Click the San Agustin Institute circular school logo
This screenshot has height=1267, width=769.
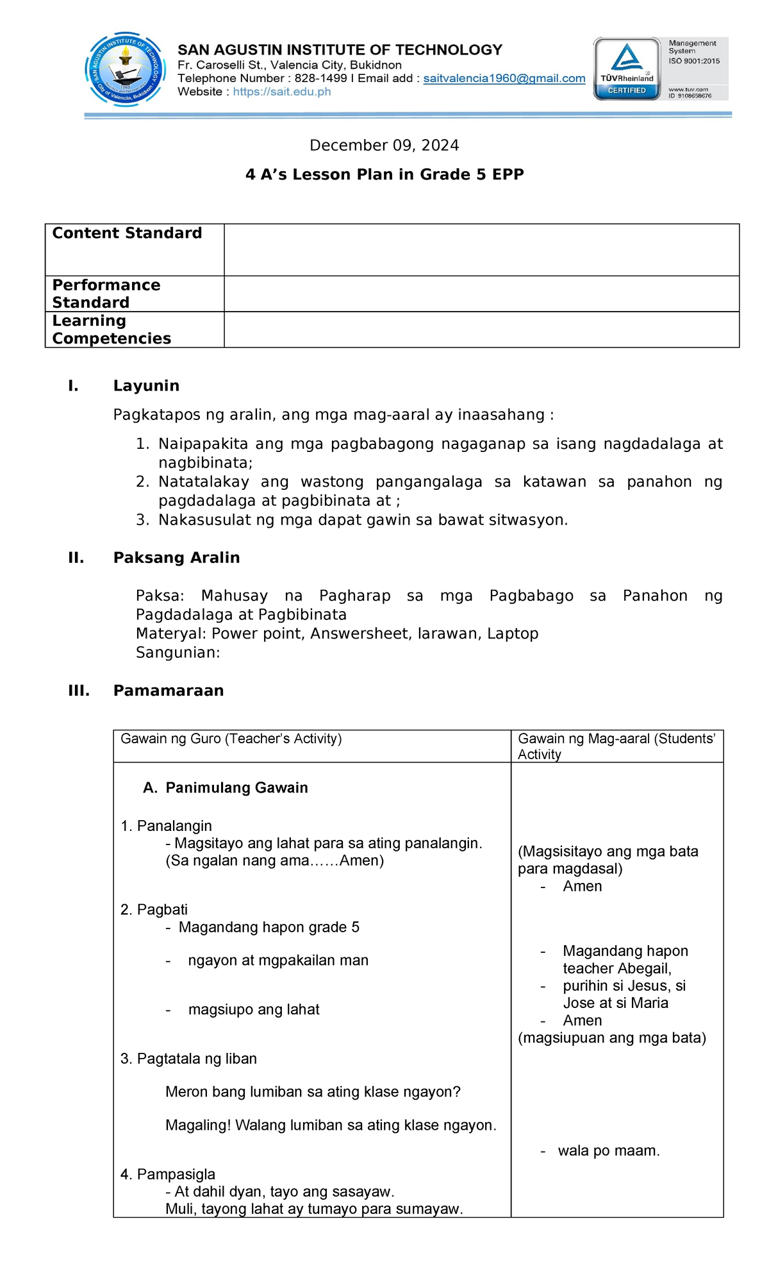pos(126,70)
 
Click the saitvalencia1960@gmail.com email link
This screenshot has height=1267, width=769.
pos(504,78)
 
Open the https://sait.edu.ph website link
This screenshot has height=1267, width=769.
pos(282,92)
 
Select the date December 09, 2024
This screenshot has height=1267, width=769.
pos(384,146)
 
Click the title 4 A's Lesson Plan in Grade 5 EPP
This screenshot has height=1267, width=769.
pos(384,174)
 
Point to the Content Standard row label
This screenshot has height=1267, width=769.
pos(127,233)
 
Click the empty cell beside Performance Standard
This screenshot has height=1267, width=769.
pos(481,294)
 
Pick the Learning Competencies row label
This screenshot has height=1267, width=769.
pos(112,330)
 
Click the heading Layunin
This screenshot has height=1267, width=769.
pos(146,386)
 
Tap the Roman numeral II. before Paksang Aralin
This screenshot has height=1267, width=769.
pos(76,558)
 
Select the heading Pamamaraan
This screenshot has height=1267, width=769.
pos(169,691)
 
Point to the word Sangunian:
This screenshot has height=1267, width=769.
pos(178,653)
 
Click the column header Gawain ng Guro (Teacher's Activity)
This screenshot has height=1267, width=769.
pos(231,739)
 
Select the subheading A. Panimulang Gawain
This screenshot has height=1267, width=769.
pos(226,788)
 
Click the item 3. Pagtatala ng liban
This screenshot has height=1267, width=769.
pos(188,1059)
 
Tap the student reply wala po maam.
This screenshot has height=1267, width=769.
pos(608,1151)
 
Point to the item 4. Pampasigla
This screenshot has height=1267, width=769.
pos(168,1174)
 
